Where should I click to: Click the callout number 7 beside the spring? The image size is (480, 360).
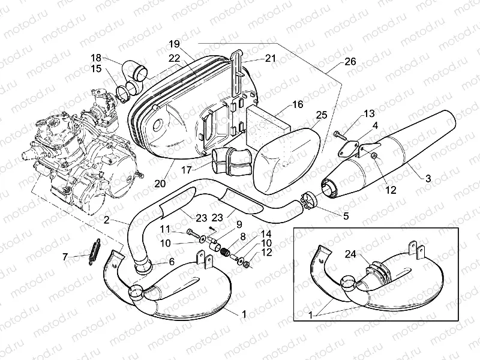[x=65, y=257]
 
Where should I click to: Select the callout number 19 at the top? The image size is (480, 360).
[x=174, y=44]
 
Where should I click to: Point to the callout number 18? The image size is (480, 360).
[x=96, y=58]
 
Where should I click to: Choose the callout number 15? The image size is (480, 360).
[x=96, y=69]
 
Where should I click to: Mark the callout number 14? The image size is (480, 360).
[x=266, y=233]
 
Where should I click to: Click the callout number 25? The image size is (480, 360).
[x=321, y=115]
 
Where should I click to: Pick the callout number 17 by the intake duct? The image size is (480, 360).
[x=188, y=170]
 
